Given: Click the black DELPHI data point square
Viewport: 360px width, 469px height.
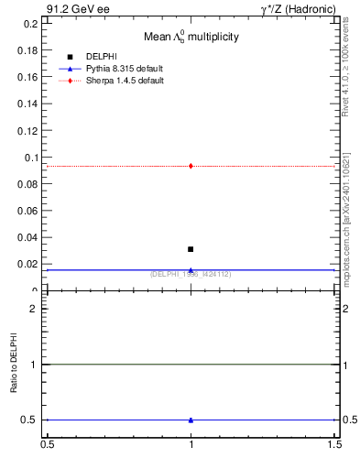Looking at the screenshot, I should tap(191, 249).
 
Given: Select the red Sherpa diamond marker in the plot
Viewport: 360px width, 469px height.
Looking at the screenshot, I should tap(191, 166).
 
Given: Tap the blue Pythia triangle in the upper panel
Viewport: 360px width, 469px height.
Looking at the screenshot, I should tap(191, 270).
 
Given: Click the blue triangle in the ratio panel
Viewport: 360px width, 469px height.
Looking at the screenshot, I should tap(191, 420).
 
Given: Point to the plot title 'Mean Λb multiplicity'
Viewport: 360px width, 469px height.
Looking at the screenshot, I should tap(191, 37).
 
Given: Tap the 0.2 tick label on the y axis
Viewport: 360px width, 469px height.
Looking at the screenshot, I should tap(30, 24).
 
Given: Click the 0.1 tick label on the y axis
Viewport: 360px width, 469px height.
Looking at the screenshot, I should tap(30, 158).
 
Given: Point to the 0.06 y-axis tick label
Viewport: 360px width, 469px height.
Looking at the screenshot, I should tap(28, 211).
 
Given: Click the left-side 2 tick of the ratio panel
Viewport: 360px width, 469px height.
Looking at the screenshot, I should tap(35, 309).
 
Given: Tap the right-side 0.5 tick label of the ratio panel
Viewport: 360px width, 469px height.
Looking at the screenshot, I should tap(349, 420).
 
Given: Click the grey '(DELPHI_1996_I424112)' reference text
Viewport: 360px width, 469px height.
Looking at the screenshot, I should tap(191, 274).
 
